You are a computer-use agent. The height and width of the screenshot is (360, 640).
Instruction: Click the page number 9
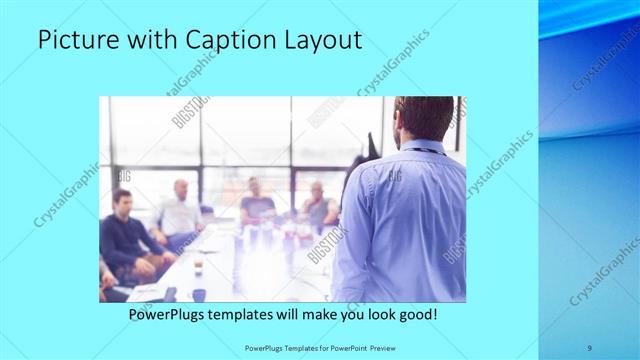coord(589,348)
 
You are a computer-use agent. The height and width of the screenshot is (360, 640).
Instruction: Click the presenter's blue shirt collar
coord(420,147)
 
